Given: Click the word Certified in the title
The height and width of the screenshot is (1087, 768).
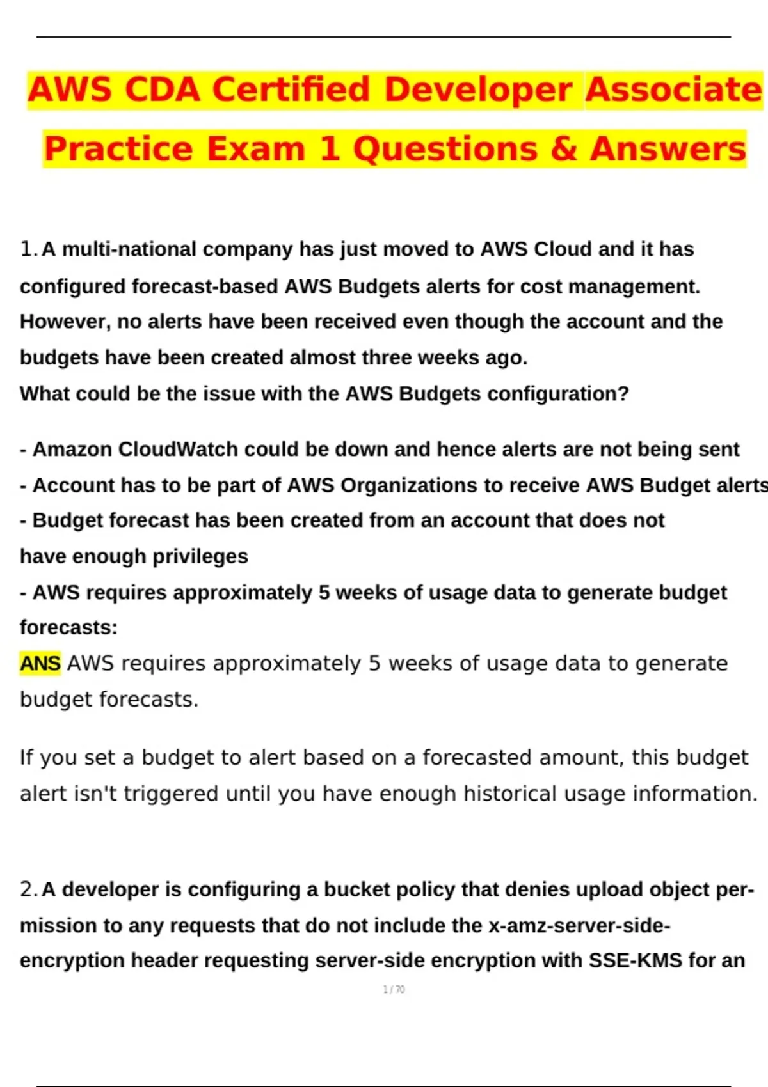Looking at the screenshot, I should click(291, 90).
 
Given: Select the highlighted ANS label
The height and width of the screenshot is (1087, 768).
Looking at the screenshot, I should click(40, 664).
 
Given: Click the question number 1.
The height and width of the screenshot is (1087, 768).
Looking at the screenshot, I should click(28, 249).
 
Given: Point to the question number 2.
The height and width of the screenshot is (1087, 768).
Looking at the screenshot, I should click(28, 889).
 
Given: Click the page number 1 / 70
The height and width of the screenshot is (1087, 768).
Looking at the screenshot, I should click(394, 989).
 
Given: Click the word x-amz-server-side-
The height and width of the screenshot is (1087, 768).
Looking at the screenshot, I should click(579, 925).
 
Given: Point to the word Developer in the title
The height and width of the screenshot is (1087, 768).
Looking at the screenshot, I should click(478, 90).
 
